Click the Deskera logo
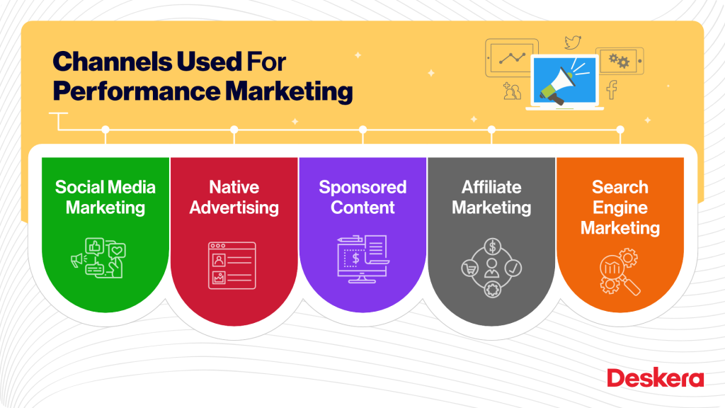click(655, 378)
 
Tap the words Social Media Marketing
click(105, 198)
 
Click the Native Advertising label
click(234, 198)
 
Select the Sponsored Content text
click(362, 198)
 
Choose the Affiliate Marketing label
click(491, 198)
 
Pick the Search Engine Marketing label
click(620, 208)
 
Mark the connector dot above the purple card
click(362, 130)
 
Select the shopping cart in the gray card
click(468, 268)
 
